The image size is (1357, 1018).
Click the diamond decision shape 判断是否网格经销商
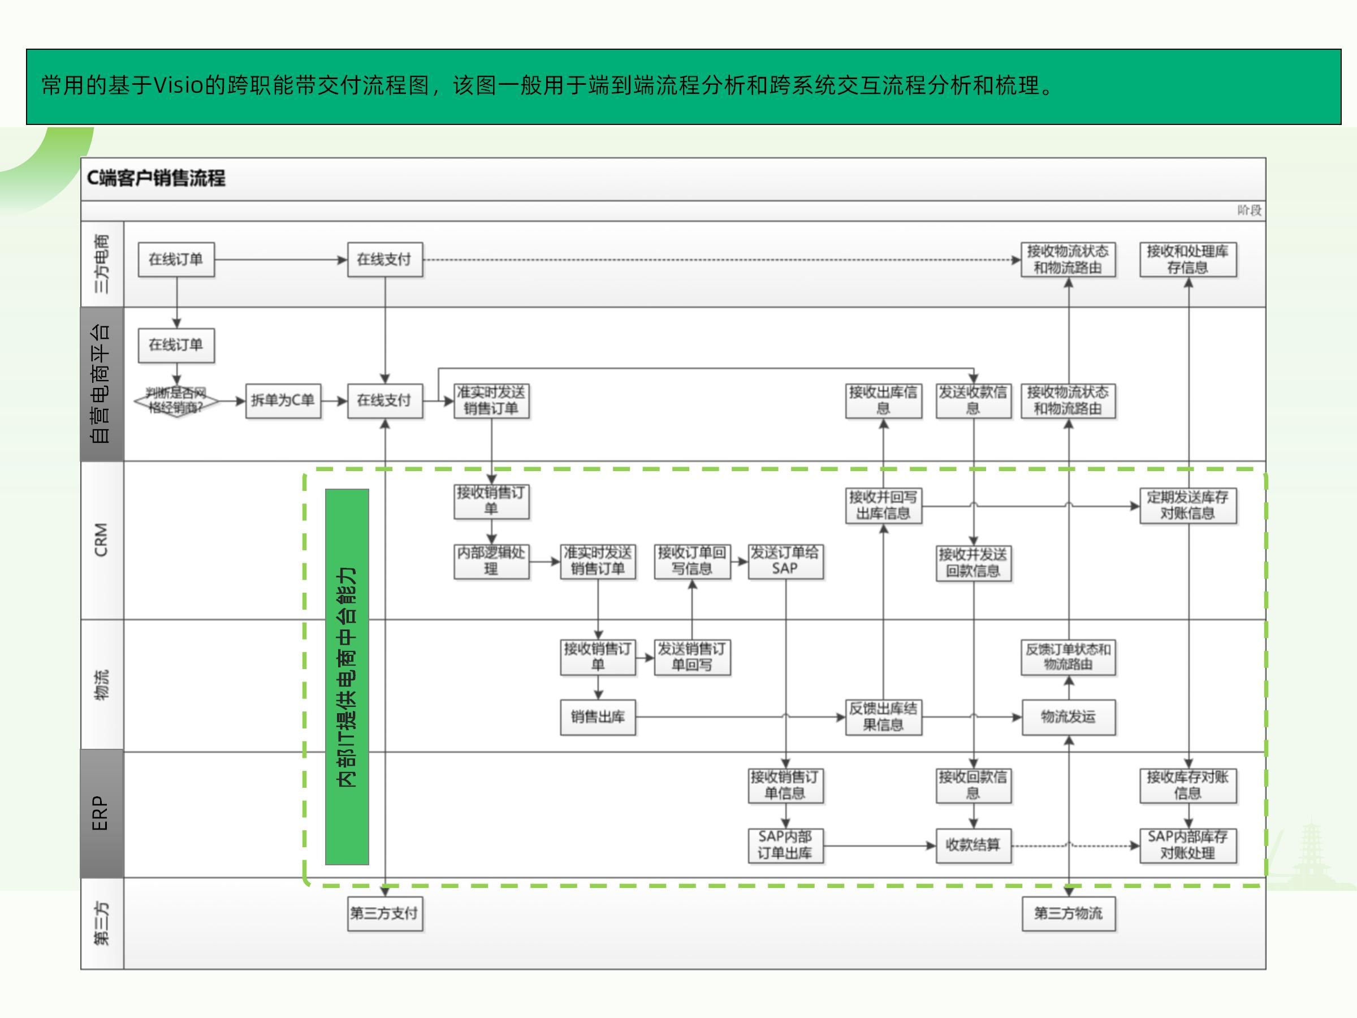pyautogui.click(x=176, y=400)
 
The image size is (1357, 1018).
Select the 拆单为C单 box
pyautogui.click(x=283, y=400)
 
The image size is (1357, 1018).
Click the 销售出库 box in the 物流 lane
pyautogui.click(x=598, y=717)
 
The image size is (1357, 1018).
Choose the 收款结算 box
pyautogui.click(x=973, y=846)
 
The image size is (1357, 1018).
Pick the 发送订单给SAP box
pyautogui.click(x=785, y=561)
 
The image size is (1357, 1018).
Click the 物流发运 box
pyautogui.click(x=1068, y=717)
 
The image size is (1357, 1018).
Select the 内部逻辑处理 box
pyautogui.click(x=491, y=561)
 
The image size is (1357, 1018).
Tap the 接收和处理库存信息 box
pyautogui.click(x=1188, y=260)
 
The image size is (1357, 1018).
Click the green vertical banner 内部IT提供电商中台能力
pyautogui.click(x=347, y=676)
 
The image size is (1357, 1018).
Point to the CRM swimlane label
pyautogui.click(x=102, y=540)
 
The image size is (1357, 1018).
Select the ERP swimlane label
pyautogui.click(x=102, y=814)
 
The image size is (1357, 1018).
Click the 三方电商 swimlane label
pyautogui.click(x=102, y=264)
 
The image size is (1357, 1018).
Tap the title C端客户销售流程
pyautogui.click(x=156, y=179)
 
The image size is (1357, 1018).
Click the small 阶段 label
pyautogui.click(x=1249, y=210)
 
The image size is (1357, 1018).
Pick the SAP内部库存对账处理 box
pyautogui.click(x=1188, y=846)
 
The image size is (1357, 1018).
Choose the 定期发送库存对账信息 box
pyautogui.click(x=1188, y=506)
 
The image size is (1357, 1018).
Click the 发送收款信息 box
pyautogui.click(x=973, y=400)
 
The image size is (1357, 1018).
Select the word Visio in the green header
pyautogui.click(x=178, y=85)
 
